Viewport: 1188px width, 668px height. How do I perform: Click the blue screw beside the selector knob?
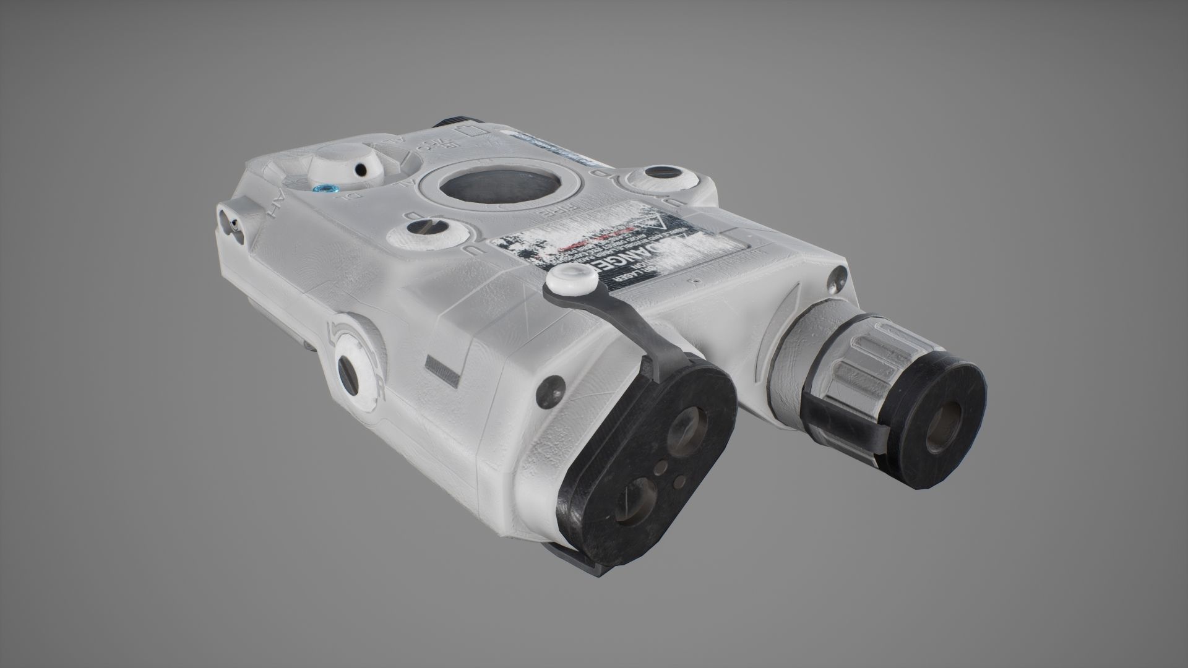[x=322, y=189]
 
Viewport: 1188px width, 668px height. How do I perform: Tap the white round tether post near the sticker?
[x=570, y=279]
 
